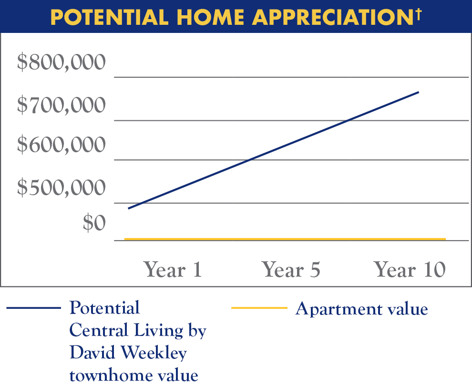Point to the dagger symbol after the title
click(418, 12)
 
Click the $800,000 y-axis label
click(61, 63)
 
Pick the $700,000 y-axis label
click(61, 105)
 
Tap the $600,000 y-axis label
click(61, 146)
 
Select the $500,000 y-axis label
click(61, 188)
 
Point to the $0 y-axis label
click(93, 223)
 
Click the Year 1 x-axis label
click(173, 270)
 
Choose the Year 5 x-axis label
click(291, 270)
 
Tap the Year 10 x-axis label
click(410, 270)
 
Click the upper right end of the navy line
click(418, 92)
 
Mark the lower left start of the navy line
click(129, 209)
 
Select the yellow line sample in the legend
click(259, 308)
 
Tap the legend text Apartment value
click(361, 309)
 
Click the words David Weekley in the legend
click(128, 353)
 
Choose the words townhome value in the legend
click(133, 375)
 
